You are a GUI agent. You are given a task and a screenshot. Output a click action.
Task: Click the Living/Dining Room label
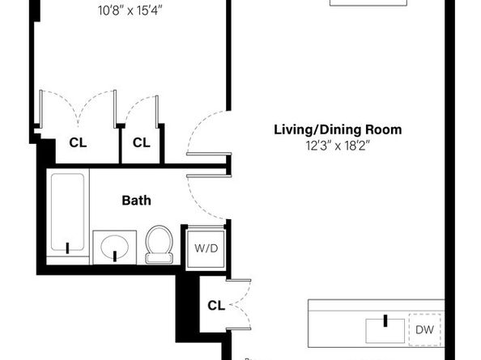click(338, 130)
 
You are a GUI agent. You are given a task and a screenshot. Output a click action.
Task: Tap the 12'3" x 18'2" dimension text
click(338, 146)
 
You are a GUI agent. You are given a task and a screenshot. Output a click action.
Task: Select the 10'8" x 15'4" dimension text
click(130, 11)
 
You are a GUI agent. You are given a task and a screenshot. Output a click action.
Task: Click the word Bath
click(137, 201)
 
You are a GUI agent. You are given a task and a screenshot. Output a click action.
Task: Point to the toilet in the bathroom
click(159, 244)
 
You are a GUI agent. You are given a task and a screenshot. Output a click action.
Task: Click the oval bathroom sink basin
click(115, 247)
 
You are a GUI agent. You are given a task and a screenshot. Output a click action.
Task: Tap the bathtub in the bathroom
click(68, 212)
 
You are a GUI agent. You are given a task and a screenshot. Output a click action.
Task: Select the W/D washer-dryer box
click(206, 248)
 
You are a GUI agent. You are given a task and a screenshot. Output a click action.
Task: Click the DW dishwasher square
click(424, 330)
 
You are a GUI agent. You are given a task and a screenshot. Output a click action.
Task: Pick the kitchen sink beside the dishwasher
click(385, 331)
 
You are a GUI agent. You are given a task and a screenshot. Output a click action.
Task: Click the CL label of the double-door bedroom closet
click(78, 142)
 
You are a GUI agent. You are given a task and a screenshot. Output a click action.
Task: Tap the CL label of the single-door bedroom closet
click(142, 142)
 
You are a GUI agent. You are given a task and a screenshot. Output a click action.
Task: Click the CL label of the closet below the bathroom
click(216, 305)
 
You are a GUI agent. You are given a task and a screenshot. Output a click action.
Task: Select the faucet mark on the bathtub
click(67, 248)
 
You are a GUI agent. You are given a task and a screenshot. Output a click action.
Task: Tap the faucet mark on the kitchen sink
click(385, 321)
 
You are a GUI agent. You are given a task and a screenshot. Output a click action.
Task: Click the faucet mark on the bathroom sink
click(115, 256)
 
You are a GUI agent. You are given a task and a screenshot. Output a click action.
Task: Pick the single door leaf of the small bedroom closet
click(157, 112)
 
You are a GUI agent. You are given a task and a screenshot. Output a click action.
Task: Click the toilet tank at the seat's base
click(159, 259)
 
